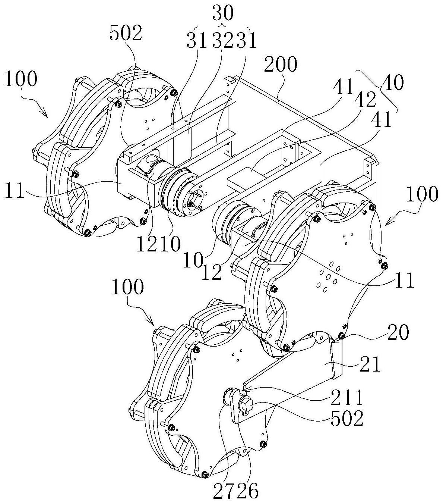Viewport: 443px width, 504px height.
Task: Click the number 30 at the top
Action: point(223,14)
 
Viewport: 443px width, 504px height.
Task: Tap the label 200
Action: point(281,64)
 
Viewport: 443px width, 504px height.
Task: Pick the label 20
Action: point(398,332)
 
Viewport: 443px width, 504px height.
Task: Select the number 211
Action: point(348,398)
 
